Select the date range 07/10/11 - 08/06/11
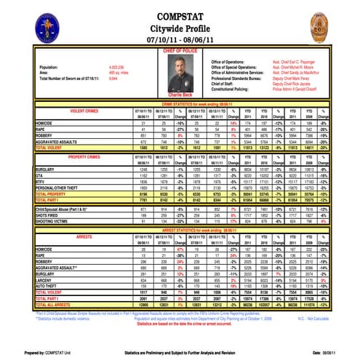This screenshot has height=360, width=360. pos(180,36)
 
